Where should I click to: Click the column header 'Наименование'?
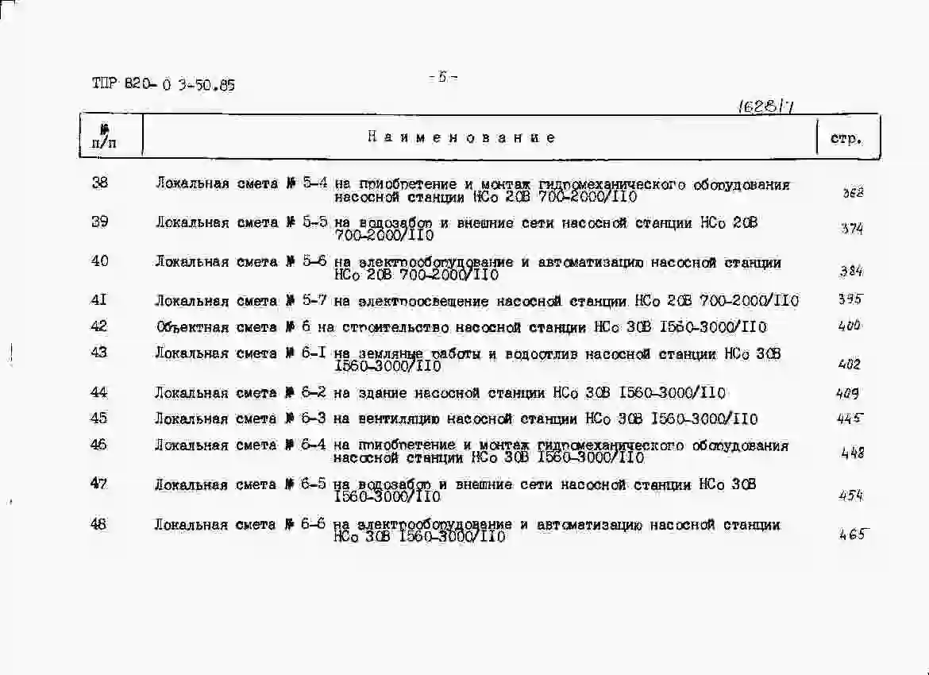(461, 137)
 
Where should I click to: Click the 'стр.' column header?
(846, 138)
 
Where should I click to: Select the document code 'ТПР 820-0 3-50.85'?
(164, 85)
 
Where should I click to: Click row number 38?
(100, 183)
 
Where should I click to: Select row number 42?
(99, 326)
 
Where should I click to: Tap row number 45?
(99, 418)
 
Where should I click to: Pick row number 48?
(99, 524)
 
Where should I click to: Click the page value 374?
(852, 229)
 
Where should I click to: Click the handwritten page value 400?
(849, 326)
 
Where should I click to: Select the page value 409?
(848, 392)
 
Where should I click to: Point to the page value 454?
(850, 496)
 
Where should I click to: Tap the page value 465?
(851, 534)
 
